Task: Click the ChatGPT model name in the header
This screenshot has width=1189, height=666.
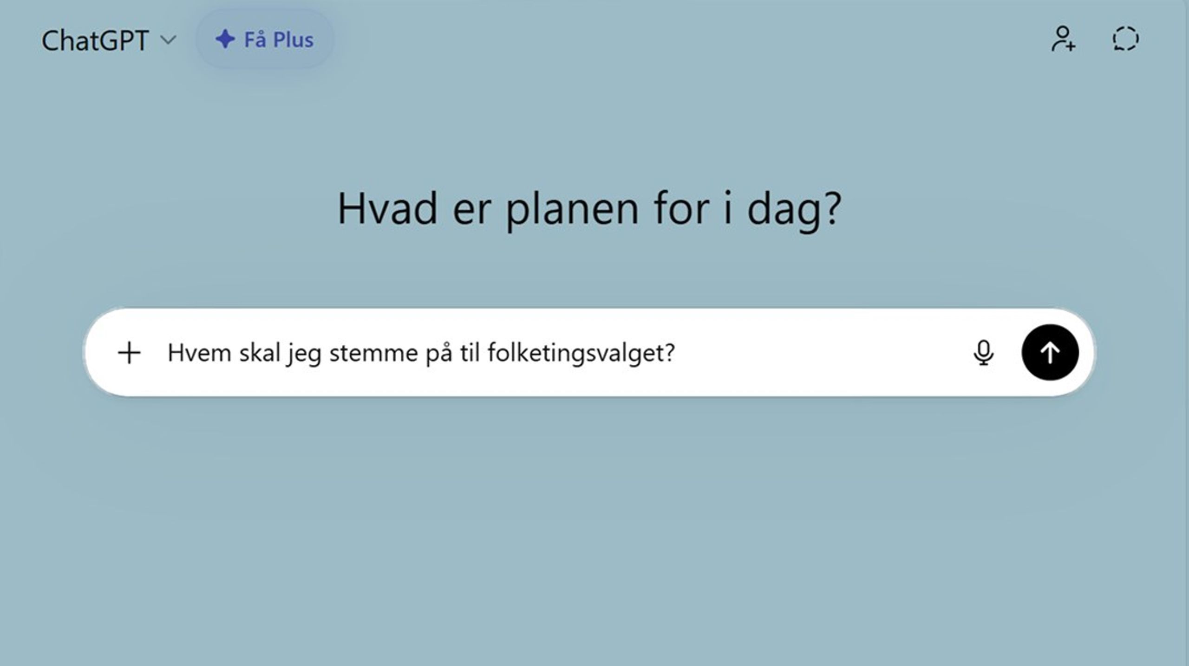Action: tap(95, 40)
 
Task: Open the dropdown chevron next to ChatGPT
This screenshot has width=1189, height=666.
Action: tap(168, 40)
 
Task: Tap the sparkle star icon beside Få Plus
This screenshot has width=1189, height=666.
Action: tap(225, 39)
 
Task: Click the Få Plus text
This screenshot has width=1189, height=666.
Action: tap(279, 40)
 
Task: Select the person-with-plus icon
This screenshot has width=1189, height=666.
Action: tap(1063, 39)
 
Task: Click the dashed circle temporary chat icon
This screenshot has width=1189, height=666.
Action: tap(1125, 39)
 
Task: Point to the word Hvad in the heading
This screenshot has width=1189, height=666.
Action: tap(387, 209)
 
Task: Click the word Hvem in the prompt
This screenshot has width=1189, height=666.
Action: tap(199, 353)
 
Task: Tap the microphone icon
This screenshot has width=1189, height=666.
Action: tap(983, 353)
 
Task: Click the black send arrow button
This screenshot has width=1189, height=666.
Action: tap(1050, 352)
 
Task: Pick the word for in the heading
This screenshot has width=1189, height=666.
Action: tap(681, 209)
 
